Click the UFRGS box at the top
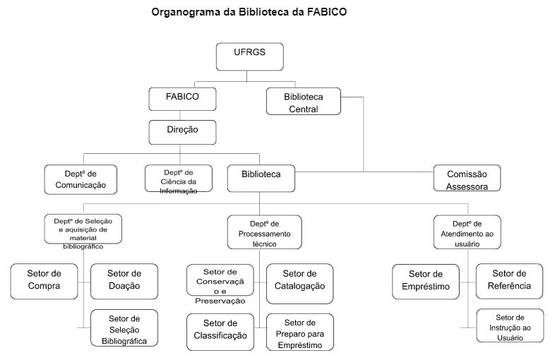tap(249, 56)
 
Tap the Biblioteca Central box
tap(303, 102)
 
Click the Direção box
tap(182, 131)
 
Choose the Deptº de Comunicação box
tap(80, 179)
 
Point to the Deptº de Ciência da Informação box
tap(180, 180)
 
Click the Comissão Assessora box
tap(467, 179)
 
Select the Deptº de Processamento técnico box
tap(263, 232)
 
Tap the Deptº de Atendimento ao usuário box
tap(467, 232)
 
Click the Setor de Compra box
tap(44, 280)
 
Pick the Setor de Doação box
tap(124, 280)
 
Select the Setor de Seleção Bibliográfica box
tap(124, 329)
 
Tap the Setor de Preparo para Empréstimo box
tap(299, 332)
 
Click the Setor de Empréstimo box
tap(426, 280)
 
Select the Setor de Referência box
tap(510, 280)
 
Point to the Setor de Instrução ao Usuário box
tap(510, 326)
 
